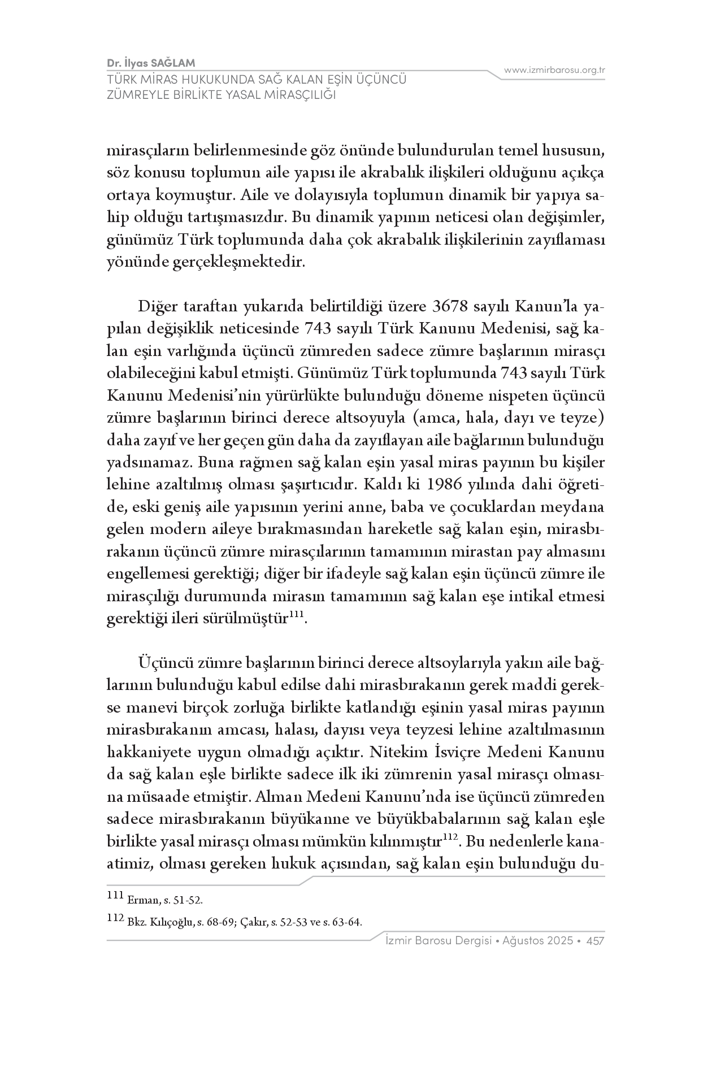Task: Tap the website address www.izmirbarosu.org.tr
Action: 555,70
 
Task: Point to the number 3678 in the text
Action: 453,307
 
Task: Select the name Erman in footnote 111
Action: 141,900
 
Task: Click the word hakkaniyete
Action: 145,753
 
